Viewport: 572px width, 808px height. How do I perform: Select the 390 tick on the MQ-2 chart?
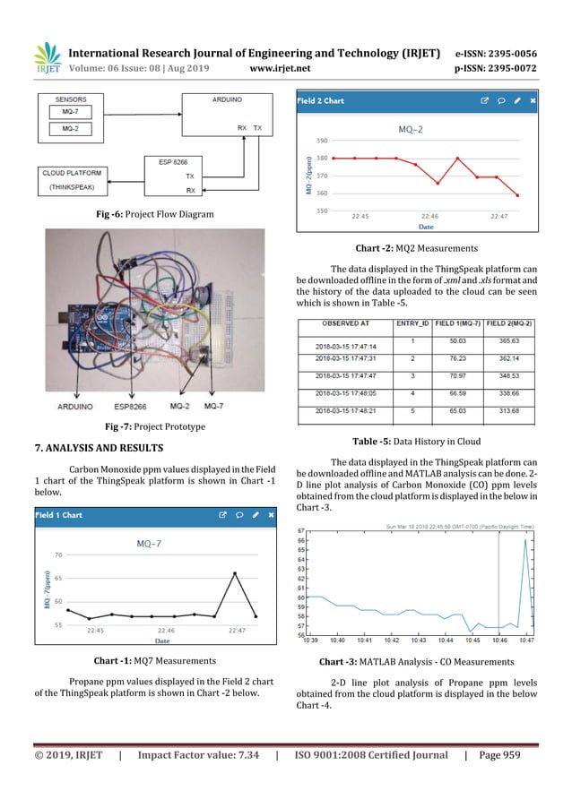pyautogui.click(x=322, y=141)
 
